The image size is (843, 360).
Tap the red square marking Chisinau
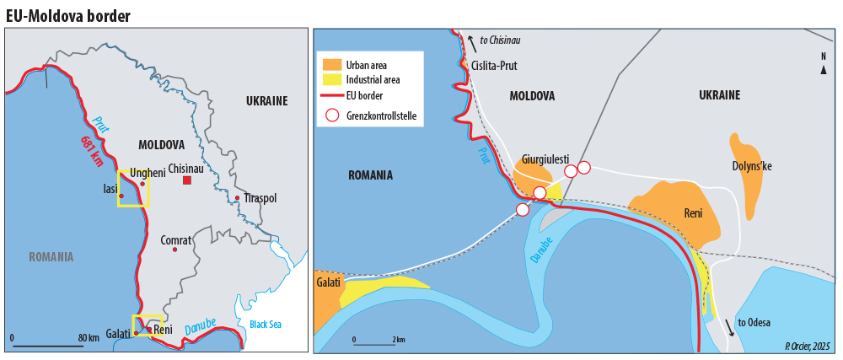click(x=187, y=180)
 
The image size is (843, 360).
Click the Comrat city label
click(x=175, y=240)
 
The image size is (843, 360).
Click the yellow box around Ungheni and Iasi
click(x=133, y=188)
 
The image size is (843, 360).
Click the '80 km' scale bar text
click(x=89, y=338)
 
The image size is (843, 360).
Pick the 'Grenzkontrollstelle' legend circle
click(x=332, y=115)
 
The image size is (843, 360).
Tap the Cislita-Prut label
click(x=495, y=66)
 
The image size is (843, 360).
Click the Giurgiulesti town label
click(x=545, y=158)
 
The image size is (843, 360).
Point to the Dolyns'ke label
click(x=752, y=166)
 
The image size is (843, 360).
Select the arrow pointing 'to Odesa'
click(x=729, y=328)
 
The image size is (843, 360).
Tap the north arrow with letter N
click(x=824, y=64)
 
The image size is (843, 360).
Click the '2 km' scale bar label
click(x=399, y=339)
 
